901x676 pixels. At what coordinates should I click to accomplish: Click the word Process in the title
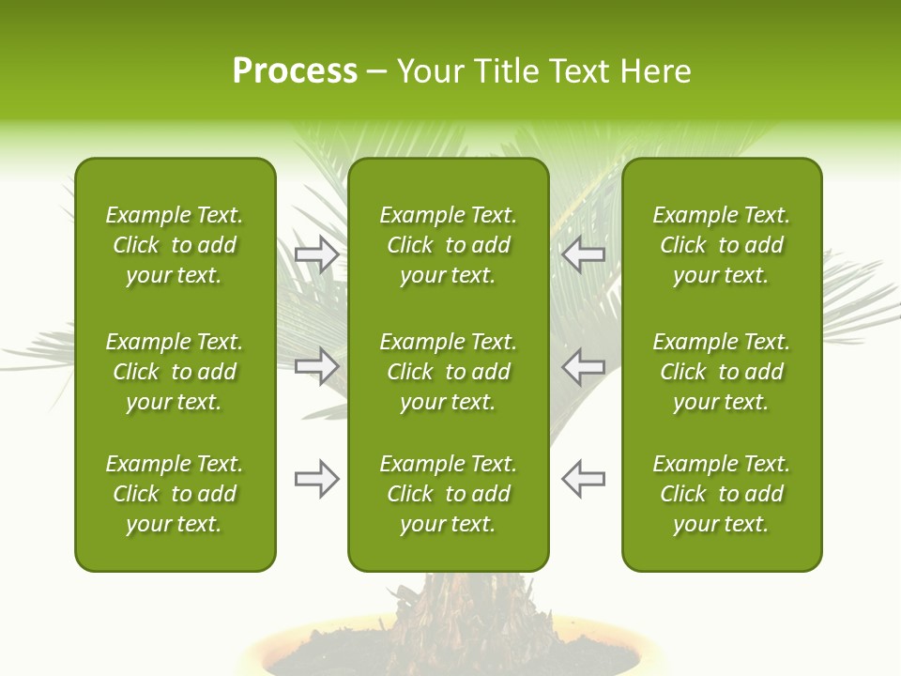[295, 71]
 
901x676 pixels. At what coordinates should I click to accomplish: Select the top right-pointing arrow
[316, 253]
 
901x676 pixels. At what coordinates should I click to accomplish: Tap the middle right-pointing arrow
[316, 366]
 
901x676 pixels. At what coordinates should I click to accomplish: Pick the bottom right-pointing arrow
[316, 479]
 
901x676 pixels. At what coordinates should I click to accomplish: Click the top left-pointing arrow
[583, 253]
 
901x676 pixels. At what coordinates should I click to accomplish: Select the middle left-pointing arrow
[583, 366]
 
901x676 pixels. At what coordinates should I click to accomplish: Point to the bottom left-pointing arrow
[583, 479]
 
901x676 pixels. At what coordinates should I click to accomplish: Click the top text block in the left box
[175, 245]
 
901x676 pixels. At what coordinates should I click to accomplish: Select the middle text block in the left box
[175, 372]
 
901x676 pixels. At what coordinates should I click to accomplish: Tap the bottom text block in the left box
[175, 494]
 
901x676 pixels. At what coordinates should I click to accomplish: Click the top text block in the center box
[448, 245]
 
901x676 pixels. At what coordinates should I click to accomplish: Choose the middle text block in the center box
[448, 372]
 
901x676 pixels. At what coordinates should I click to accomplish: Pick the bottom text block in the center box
[448, 494]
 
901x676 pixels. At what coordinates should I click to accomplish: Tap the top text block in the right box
[721, 245]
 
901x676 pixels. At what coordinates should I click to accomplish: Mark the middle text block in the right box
[721, 372]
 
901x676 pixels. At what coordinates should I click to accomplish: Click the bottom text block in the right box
[721, 494]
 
